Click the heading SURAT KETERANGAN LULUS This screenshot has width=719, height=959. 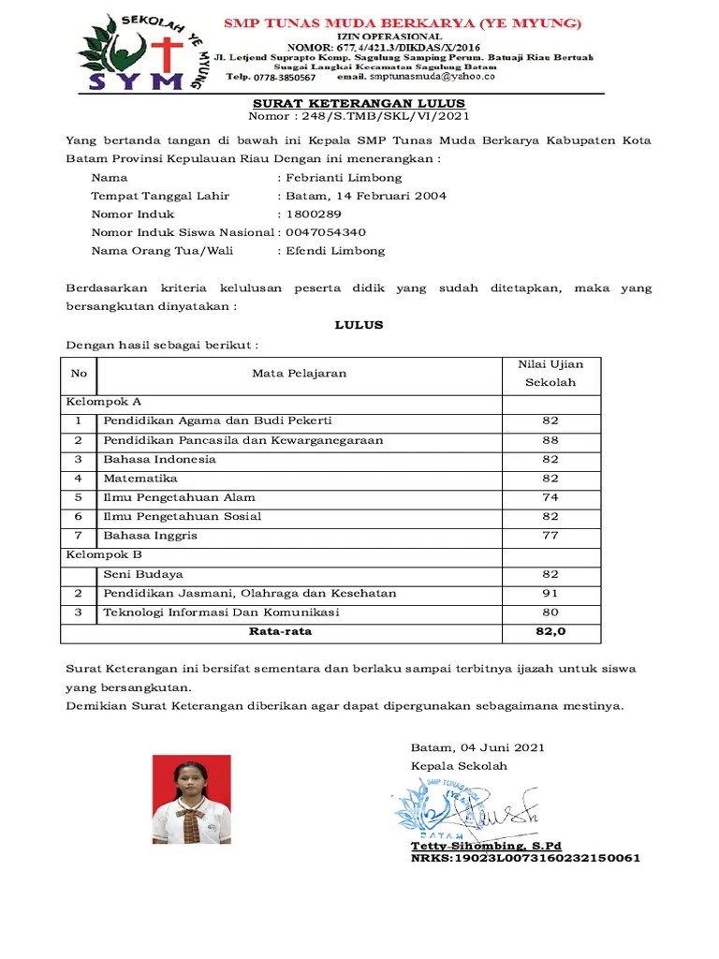tap(359, 103)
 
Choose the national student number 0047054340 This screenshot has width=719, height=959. tap(326, 232)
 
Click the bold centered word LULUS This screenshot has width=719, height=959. tap(359, 325)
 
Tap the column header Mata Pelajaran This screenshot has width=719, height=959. tap(299, 373)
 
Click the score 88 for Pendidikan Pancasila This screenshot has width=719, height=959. tap(550, 440)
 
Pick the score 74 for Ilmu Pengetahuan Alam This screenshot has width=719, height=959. tap(550, 497)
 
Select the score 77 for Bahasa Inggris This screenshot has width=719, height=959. tap(550, 536)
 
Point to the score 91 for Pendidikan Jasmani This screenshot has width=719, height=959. tap(550, 593)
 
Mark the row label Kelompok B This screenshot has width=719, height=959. tap(103, 554)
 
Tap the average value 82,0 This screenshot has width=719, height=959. tap(550, 632)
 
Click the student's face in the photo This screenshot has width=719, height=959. tap(192, 782)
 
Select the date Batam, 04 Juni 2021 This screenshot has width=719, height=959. tap(477, 747)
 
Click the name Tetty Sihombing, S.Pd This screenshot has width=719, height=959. tap(469, 846)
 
